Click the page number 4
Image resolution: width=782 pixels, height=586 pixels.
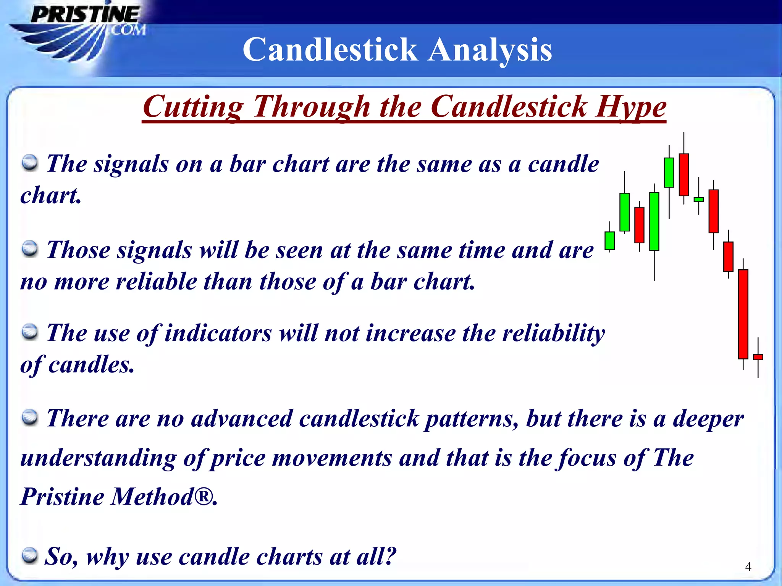tap(748, 567)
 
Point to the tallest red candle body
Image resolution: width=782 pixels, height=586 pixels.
tap(743, 314)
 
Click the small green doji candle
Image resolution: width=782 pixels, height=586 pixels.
tap(698, 199)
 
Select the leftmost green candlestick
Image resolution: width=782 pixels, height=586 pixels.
tap(609, 241)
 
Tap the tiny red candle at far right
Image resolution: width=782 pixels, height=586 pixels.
tap(758, 357)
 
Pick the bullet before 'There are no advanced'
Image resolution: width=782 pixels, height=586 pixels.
tap(29, 417)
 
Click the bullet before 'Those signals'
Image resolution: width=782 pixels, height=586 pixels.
tap(29, 249)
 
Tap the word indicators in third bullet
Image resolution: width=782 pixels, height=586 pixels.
tap(218, 333)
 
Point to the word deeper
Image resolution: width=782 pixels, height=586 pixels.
tap(708, 419)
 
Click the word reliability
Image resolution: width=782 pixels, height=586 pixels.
tap(553, 333)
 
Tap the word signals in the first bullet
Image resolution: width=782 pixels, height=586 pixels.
tap(131, 164)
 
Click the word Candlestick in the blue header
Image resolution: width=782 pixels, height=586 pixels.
tap(330, 50)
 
